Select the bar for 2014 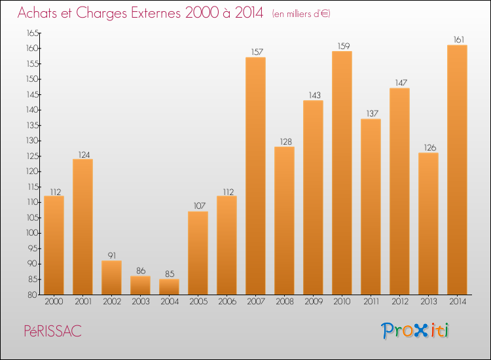(457, 170)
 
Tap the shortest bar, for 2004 (169, 287)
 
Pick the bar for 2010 (342, 173)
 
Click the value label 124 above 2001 (82, 154)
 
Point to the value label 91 (111, 256)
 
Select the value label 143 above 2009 (313, 96)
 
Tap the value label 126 (428, 148)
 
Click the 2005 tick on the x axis (198, 302)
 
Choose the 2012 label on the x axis (399, 302)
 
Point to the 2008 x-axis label (284, 302)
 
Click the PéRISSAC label (50, 331)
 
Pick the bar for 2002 (111, 278)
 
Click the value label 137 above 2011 (371, 114)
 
